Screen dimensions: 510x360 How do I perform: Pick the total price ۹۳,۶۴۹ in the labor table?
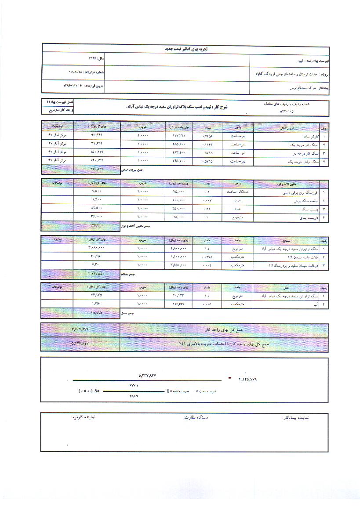[96, 136]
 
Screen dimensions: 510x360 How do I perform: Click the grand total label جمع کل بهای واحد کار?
[224, 329]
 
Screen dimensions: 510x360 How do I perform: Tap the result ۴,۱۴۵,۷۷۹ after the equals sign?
[250, 378]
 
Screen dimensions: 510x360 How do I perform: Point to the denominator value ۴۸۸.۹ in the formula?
[134, 396]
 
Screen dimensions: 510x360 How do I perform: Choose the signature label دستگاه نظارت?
[195, 417]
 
